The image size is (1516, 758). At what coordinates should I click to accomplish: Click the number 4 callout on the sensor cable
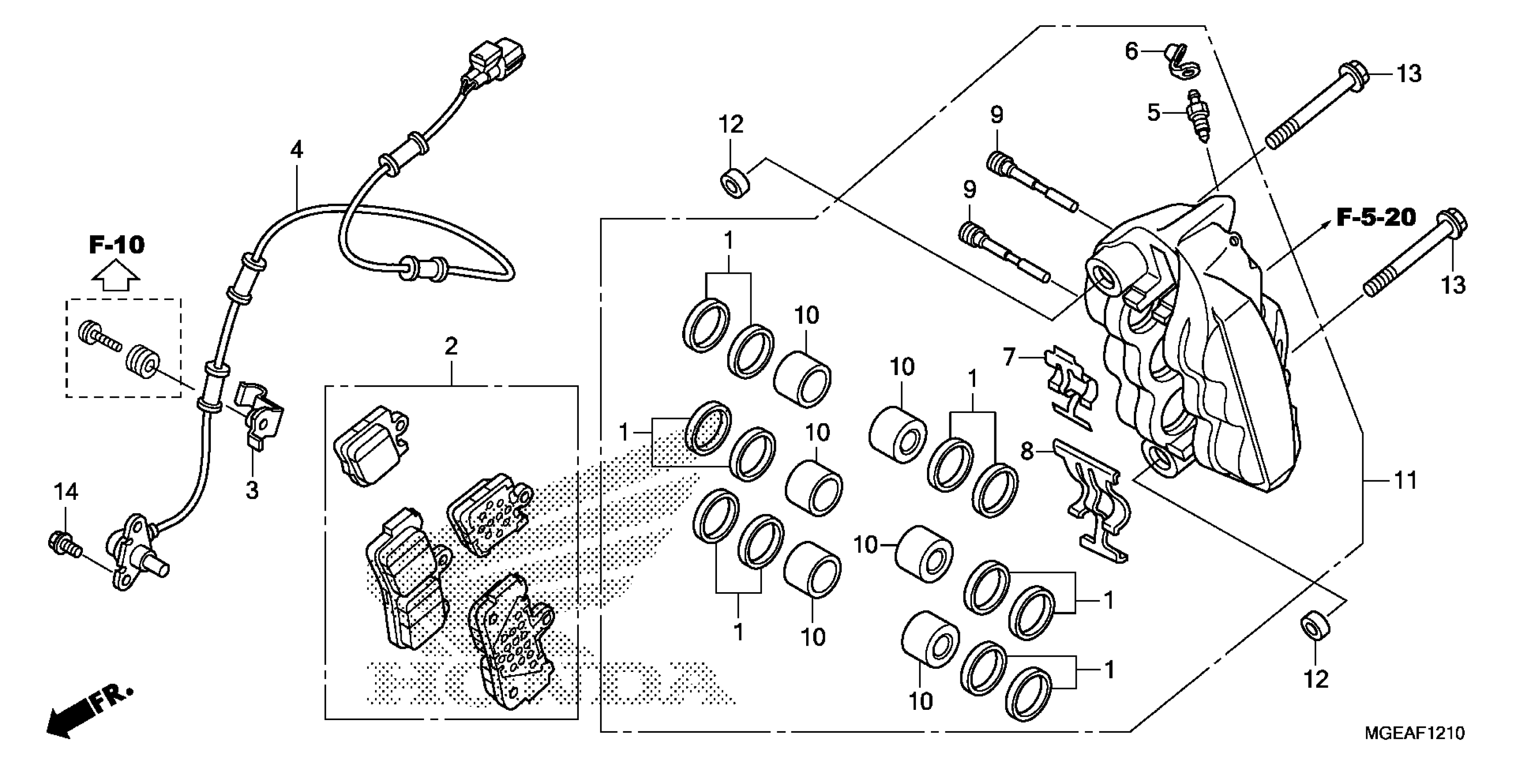(297, 151)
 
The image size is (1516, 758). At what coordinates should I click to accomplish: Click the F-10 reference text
(116, 244)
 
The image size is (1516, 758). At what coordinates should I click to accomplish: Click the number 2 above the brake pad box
(451, 346)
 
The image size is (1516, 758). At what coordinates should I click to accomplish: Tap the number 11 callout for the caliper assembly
(1405, 481)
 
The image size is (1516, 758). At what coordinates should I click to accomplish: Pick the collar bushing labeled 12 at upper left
(734, 184)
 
